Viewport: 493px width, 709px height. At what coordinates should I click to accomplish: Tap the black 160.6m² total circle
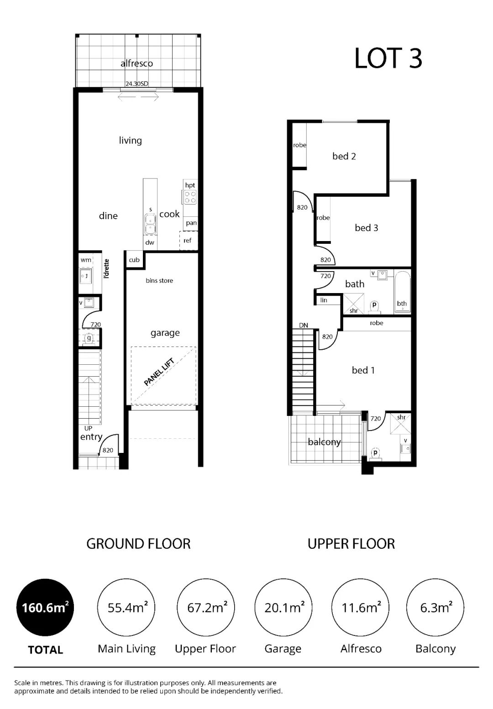(x=45, y=607)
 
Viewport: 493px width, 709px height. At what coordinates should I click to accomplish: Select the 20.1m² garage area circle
(x=283, y=607)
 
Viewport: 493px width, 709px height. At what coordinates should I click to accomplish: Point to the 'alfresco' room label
(x=136, y=63)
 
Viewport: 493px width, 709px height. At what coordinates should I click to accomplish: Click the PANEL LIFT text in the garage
(x=159, y=372)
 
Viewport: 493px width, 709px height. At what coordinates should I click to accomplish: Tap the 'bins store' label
(x=159, y=280)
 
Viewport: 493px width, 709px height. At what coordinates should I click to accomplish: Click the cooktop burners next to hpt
(x=190, y=197)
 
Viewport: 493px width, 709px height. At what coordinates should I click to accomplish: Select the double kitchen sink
(x=150, y=224)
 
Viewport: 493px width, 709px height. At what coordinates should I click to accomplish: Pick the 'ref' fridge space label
(x=187, y=241)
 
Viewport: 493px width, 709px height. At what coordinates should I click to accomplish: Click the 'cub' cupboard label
(x=134, y=260)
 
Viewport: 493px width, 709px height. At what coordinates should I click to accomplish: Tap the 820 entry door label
(x=108, y=450)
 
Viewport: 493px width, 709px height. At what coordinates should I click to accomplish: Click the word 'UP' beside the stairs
(x=88, y=428)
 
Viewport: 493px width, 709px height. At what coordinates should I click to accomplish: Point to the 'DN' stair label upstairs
(x=304, y=325)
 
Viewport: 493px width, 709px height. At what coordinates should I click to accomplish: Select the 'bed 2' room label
(x=344, y=156)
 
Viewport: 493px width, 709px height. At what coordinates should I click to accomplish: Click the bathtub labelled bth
(x=403, y=292)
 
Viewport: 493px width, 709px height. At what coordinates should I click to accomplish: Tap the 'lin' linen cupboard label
(x=323, y=300)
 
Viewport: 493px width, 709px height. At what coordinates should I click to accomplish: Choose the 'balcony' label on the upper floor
(x=325, y=442)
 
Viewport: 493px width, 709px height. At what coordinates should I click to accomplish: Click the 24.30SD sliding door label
(x=136, y=84)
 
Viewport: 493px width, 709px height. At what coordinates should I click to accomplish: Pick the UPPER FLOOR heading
(x=351, y=544)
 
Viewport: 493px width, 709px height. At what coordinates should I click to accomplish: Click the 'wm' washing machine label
(x=86, y=260)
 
